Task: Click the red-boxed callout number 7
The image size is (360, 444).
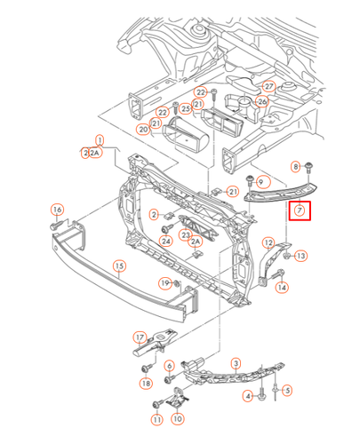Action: [x=300, y=211]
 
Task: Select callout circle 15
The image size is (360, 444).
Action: [x=120, y=266]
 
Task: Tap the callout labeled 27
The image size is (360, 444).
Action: [x=268, y=86]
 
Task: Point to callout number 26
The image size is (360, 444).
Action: [x=262, y=101]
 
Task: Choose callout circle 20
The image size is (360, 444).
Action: [x=143, y=129]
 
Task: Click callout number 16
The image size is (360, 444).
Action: [x=57, y=210]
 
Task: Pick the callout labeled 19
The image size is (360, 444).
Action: [x=164, y=282]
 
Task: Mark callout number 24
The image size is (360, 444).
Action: [x=165, y=240]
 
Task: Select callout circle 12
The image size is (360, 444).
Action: [x=268, y=242]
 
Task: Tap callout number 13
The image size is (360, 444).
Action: [x=300, y=256]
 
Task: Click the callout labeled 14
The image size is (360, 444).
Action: [x=282, y=287]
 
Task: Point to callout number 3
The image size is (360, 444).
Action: [x=236, y=363]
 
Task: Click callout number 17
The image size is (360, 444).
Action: [x=139, y=337]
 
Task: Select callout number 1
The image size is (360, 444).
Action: [x=100, y=140]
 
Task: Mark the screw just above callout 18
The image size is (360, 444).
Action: [x=143, y=367]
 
